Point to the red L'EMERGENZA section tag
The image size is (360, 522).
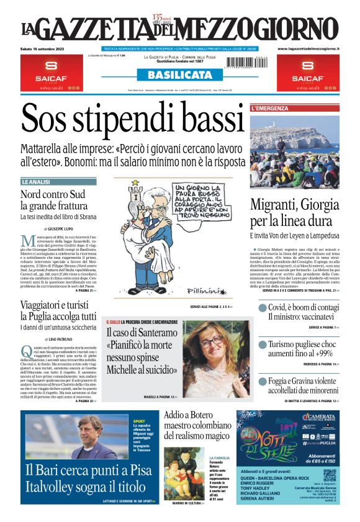[270, 109]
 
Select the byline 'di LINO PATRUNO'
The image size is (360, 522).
[58, 339]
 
